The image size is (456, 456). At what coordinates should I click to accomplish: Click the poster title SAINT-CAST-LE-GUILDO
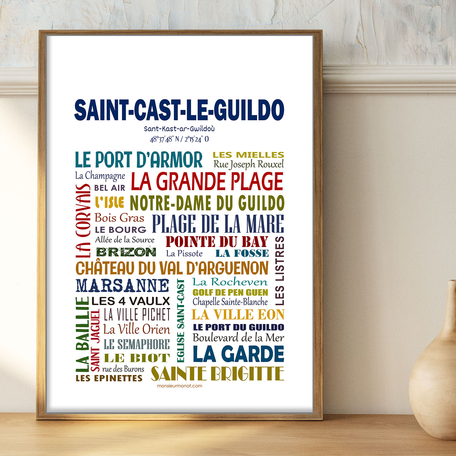(x=179, y=110)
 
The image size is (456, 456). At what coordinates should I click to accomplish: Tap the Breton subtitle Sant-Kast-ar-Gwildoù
(x=179, y=128)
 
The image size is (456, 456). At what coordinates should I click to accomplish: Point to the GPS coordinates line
(x=179, y=139)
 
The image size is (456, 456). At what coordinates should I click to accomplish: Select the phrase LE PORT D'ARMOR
(x=138, y=160)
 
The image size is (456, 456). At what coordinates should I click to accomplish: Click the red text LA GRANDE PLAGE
(x=207, y=181)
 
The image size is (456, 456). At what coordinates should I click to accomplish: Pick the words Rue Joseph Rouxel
(x=249, y=164)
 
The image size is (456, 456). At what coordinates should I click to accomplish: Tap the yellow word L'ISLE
(x=110, y=202)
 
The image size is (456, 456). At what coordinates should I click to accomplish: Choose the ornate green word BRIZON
(x=126, y=252)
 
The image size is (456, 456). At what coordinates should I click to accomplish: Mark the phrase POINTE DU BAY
(x=217, y=242)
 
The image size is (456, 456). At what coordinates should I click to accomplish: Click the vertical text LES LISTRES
(x=280, y=271)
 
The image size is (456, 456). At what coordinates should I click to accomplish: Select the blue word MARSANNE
(x=123, y=285)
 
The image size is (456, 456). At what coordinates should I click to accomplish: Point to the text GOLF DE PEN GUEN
(x=230, y=293)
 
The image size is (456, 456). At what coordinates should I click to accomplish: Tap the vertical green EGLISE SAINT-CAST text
(x=180, y=320)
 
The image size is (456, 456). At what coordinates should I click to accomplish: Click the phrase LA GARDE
(x=238, y=354)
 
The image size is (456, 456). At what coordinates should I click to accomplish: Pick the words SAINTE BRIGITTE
(x=218, y=374)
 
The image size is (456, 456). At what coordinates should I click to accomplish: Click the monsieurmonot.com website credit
(x=180, y=386)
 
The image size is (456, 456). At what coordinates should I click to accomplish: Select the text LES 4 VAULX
(x=131, y=301)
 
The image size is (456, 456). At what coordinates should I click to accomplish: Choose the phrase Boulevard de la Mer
(x=238, y=338)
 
